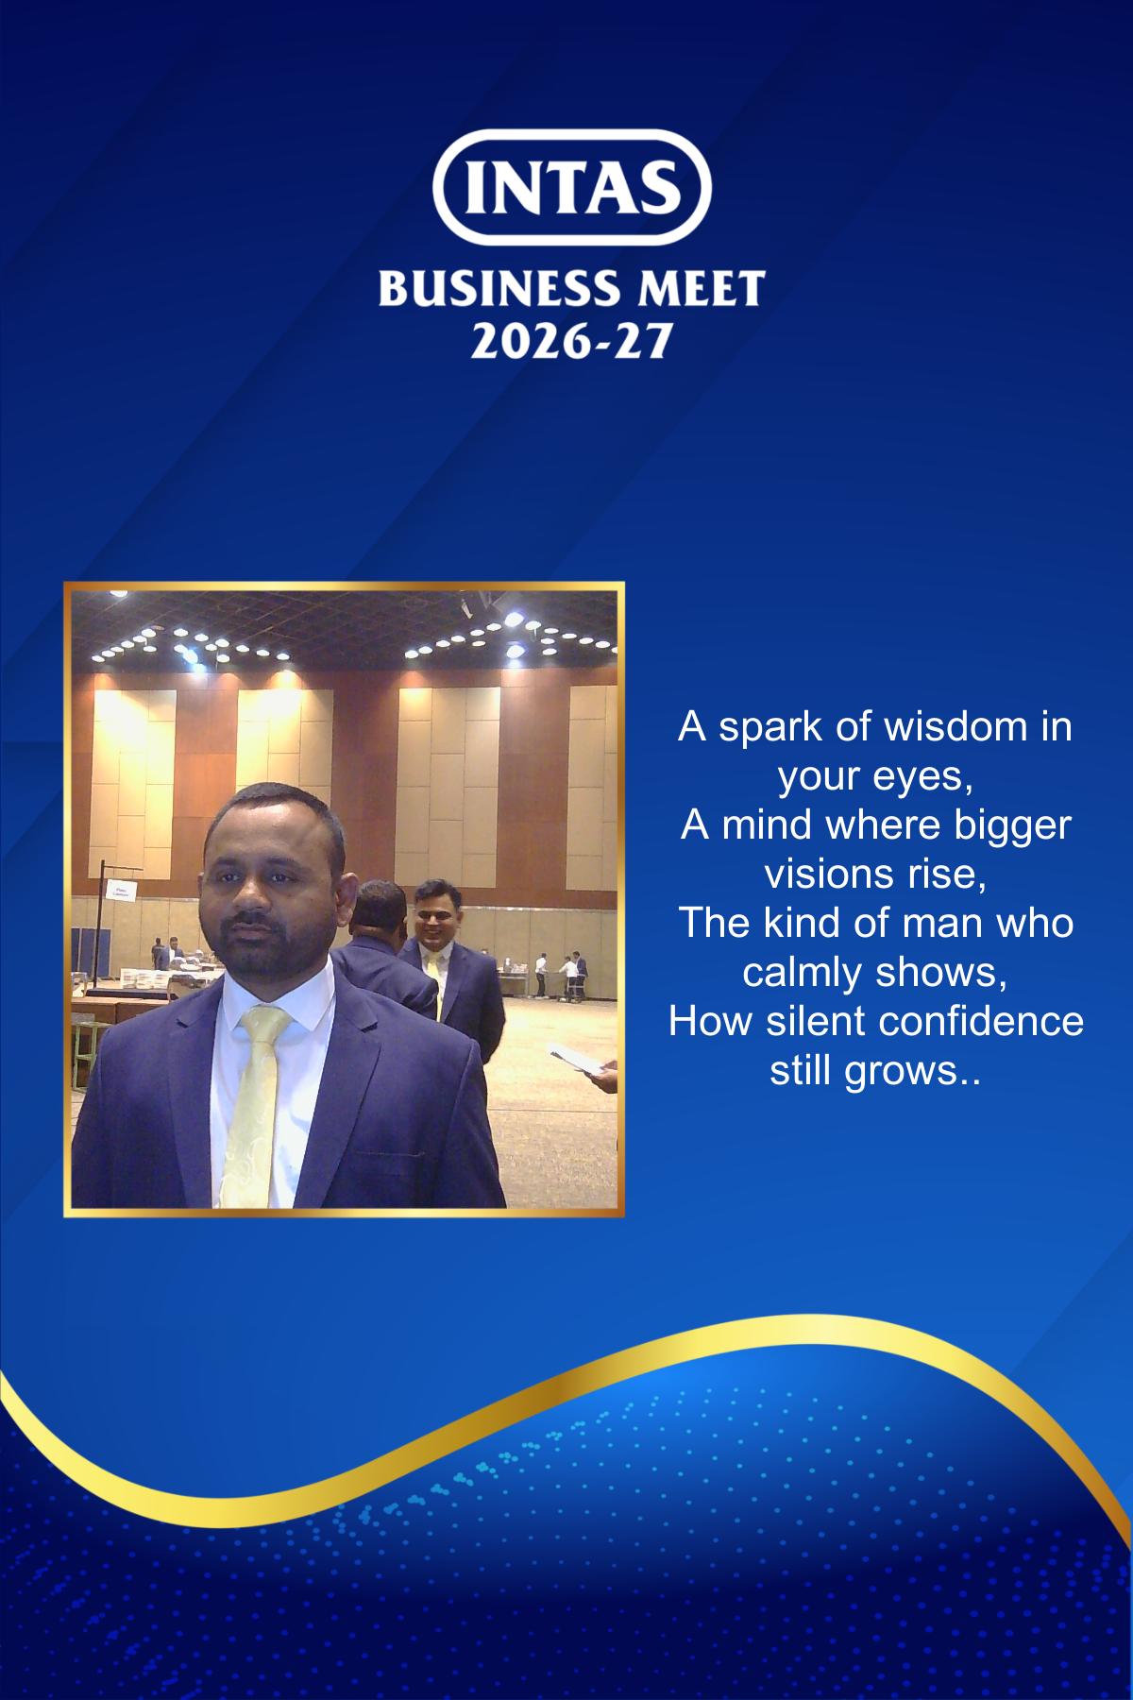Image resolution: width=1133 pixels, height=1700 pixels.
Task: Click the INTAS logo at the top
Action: pos(571,188)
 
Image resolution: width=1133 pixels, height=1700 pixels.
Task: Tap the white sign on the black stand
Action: pos(121,890)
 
